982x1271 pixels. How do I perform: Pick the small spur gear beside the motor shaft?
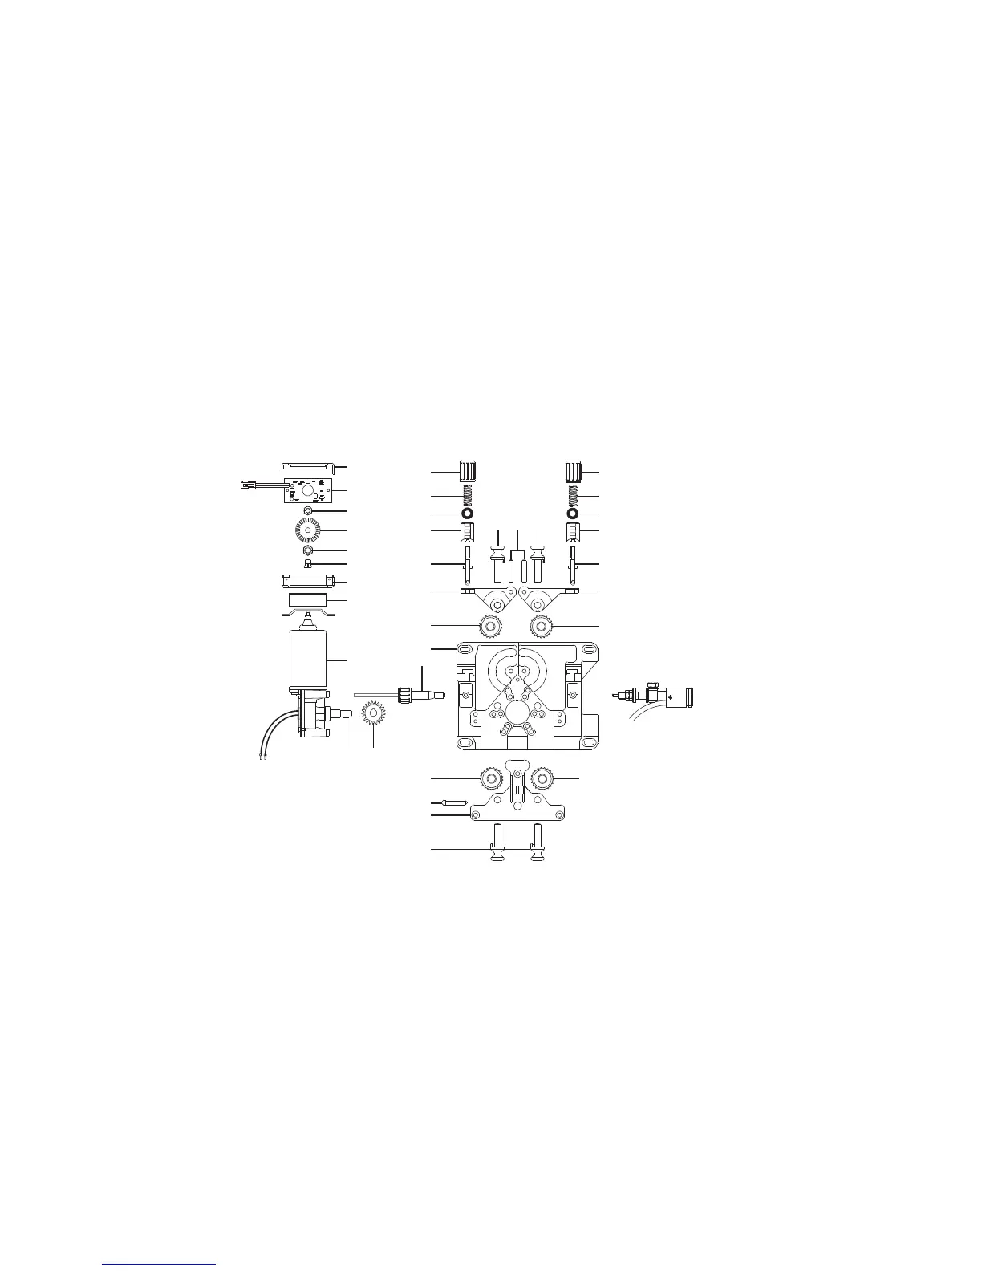tap(375, 712)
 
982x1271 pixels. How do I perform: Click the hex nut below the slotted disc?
tap(308, 551)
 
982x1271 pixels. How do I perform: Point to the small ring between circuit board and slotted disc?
tap(308, 511)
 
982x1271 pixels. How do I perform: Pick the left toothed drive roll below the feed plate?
tap(490, 778)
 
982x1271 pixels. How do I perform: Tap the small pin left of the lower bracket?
tap(456, 802)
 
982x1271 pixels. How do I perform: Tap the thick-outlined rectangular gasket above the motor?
tap(307, 600)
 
